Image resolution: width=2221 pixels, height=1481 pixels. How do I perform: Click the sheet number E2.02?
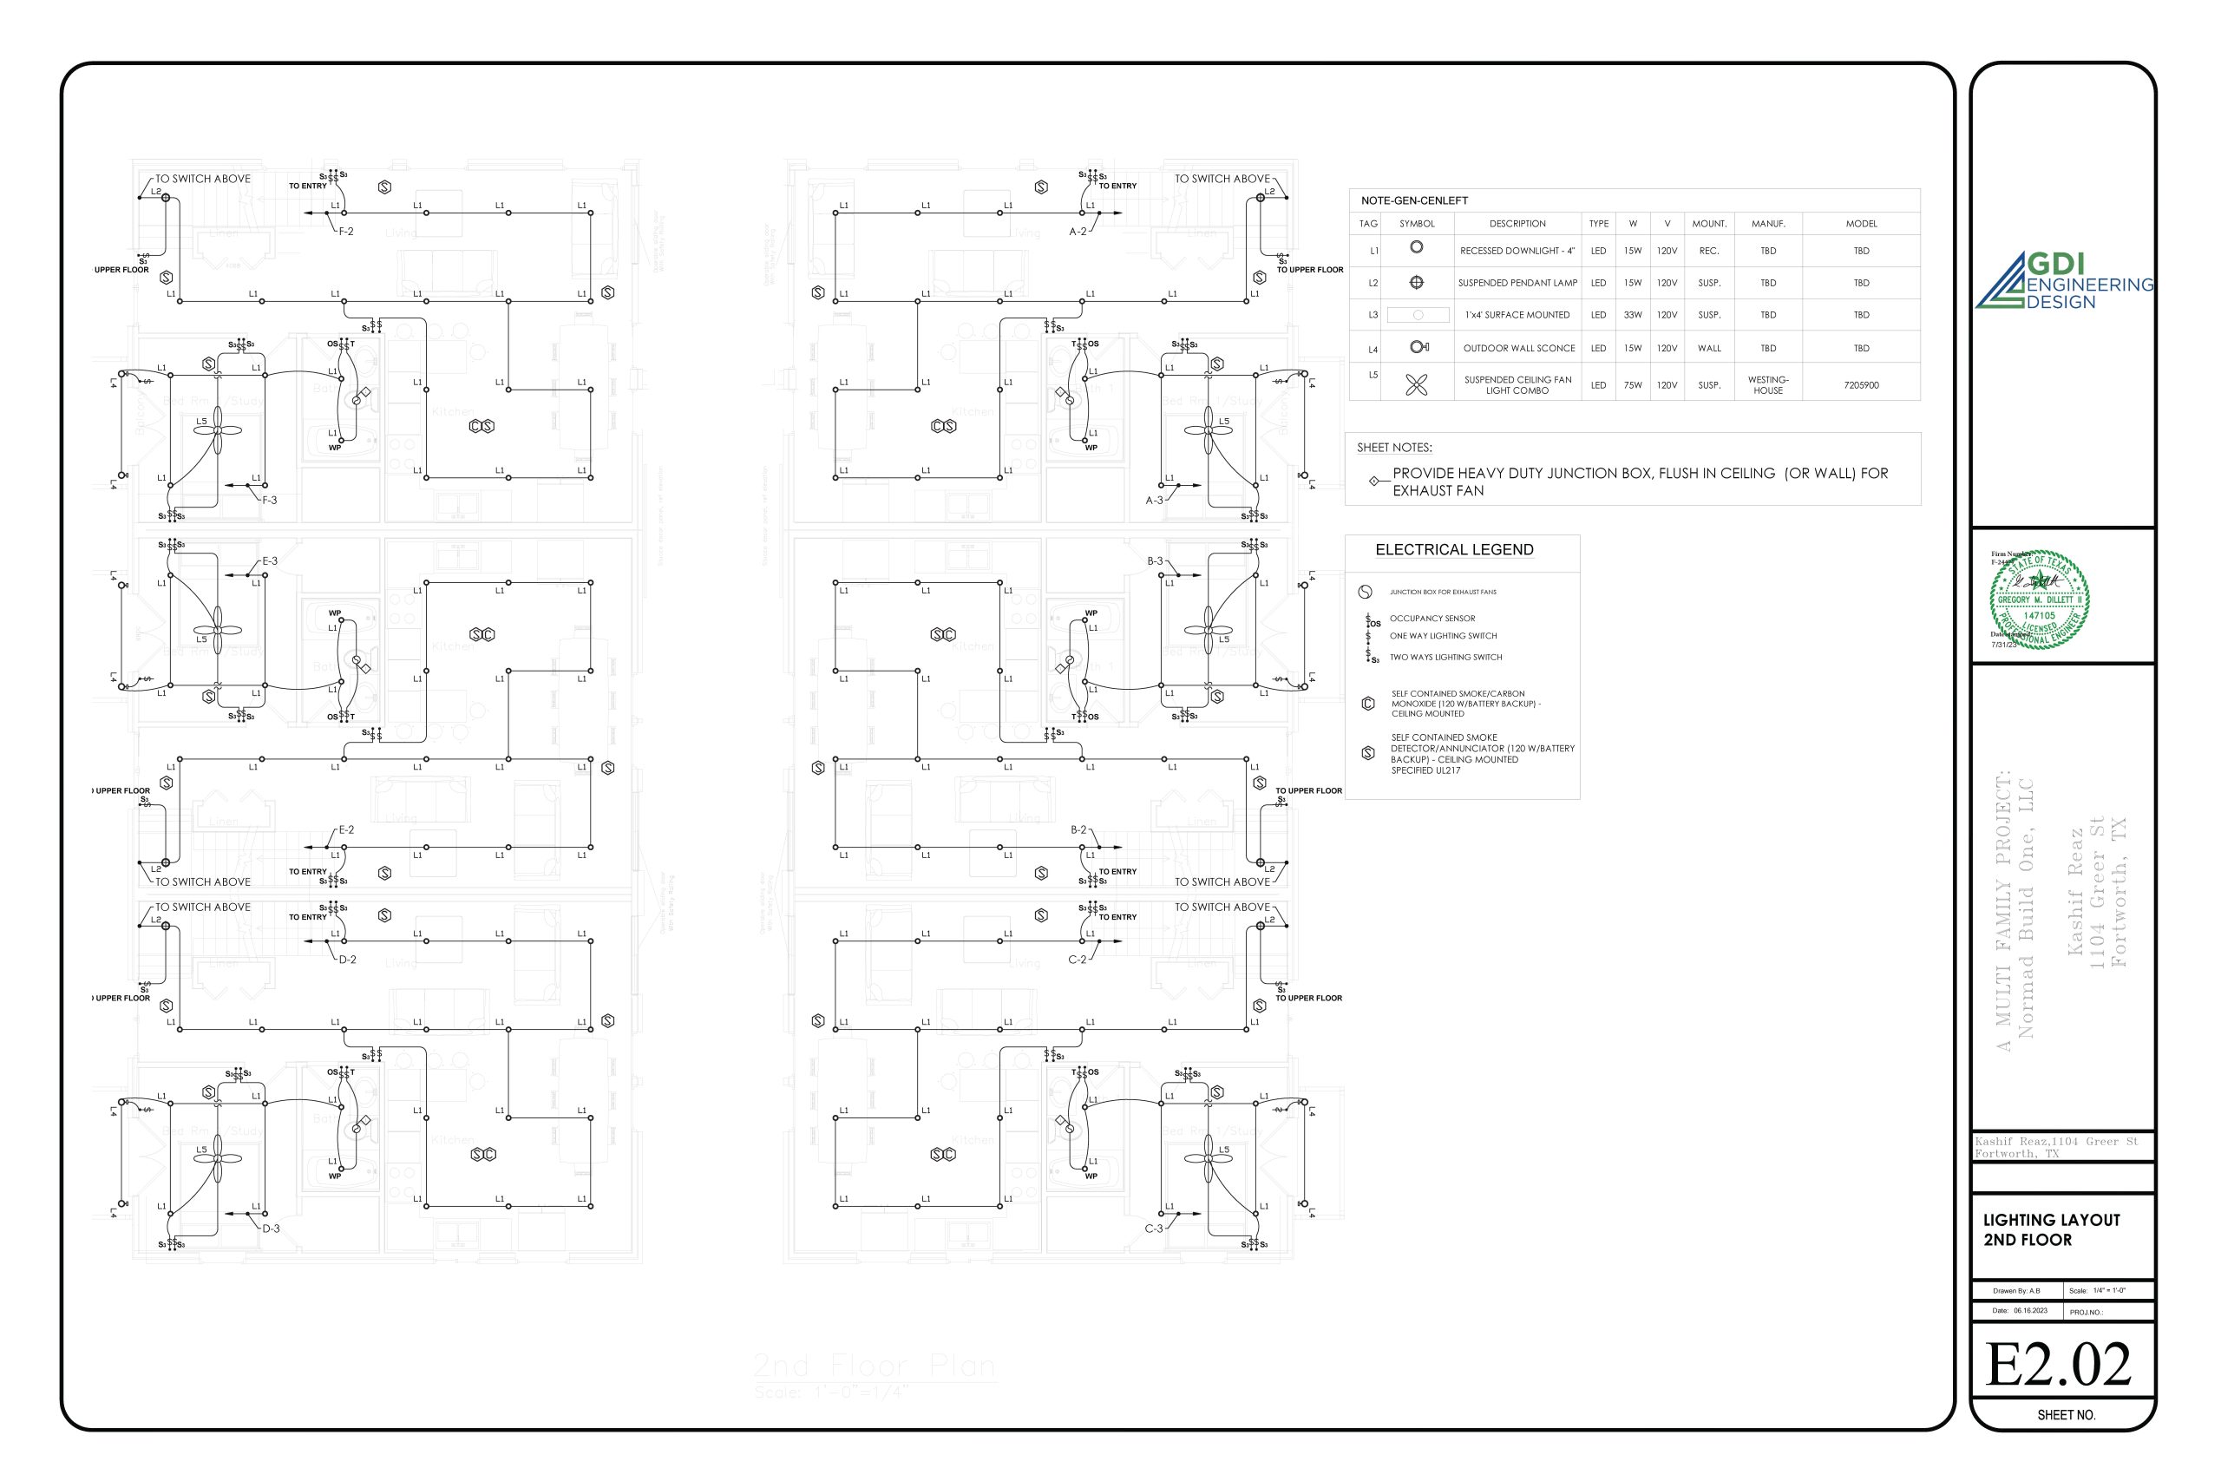(x=2059, y=1365)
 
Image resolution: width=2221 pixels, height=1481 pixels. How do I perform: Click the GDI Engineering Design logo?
(x=2064, y=280)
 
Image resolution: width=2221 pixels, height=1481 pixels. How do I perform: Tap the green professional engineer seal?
(x=2039, y=599)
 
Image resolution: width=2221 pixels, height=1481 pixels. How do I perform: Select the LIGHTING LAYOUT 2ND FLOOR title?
(x=2051, y=1229)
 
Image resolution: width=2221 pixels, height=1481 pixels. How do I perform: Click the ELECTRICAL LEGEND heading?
(x=1453, y=550)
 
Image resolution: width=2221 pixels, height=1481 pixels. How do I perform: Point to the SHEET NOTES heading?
(x=1394, y=448)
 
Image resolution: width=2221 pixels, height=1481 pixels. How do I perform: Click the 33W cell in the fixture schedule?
(x=1633, y=315)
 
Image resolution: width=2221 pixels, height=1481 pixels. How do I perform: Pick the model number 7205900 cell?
(x=1860, y=385)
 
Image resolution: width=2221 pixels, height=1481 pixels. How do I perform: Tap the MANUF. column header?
(x=1768, y=224)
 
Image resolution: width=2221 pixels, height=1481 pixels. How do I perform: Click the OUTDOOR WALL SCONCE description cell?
(x=1518, y=349)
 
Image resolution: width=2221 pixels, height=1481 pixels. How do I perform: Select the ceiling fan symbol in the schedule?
(x=1417, y=384)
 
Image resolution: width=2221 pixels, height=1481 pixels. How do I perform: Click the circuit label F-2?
(x=345, y=232)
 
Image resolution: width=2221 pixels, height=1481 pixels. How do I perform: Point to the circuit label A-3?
(x=1154, y=501)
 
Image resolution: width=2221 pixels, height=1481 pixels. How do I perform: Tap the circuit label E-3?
(x=269, y=561)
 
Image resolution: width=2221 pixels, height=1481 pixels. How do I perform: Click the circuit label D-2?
(x=348, y=960)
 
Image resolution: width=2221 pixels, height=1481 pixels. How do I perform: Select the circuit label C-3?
(x=1154, y=1229)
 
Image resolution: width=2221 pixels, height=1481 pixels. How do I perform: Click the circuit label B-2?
(x=1078, y=830)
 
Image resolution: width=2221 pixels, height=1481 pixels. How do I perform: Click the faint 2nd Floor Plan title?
(x=874, y=1366)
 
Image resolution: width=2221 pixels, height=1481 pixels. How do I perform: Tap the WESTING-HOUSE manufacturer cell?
(x=1768, y=385)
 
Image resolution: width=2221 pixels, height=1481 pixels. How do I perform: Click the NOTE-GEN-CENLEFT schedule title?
(x=1413, y=200)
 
